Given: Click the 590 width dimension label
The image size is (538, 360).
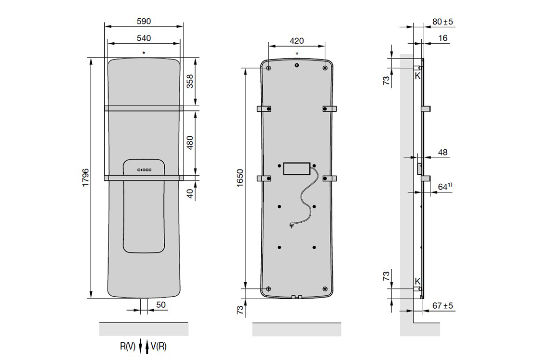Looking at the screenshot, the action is [x=144, y=21].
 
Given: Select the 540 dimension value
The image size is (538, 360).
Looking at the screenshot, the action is [x=144, y=38].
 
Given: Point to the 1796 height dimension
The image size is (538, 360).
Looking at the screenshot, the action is [x=86, y=178].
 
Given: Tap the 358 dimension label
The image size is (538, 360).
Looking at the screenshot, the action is [x=190, y=81].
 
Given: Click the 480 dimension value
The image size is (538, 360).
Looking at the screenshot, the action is [x=190, y=143].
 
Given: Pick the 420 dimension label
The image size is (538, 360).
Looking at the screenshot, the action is [x=297, y=41].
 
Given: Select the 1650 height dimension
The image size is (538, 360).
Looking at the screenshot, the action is [x=240, y=178].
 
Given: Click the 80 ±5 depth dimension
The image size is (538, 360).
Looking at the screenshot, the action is [x=442, y=22].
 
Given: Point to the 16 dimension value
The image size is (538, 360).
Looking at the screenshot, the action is [x=443, y=38].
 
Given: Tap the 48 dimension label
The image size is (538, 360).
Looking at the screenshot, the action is [x=443, y=152].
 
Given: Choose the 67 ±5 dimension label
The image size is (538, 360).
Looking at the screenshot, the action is [x=442, y=305].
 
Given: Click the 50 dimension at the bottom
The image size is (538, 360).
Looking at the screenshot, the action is [x=161, y=305].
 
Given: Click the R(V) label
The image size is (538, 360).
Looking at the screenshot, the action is [x=128, y=347].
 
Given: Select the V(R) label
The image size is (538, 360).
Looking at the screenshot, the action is [x=159, y=347].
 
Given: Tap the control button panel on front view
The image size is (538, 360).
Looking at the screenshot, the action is [x=144, y=170].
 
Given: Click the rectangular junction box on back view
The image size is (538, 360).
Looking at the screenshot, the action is [x=297, y=168].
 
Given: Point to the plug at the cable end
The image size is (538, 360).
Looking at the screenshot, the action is [x=292, y=226].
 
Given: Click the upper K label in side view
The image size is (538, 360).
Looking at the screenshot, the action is [x=417, y=76].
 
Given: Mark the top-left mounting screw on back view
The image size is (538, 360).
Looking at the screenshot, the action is [x=269, y=68].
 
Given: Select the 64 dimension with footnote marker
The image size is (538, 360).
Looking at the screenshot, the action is [x=445, y=187].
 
